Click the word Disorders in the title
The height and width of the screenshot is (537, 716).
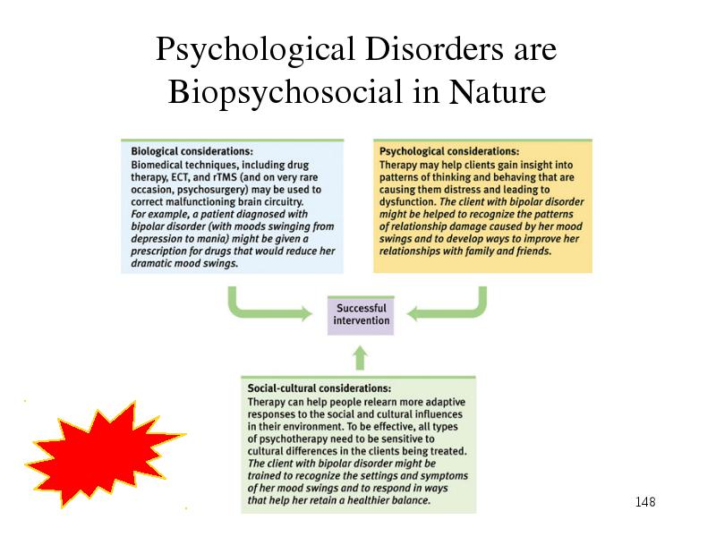[434, 48]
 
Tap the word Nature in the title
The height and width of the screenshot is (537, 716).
[498, 91]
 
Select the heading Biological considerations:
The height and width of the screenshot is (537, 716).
[192, 151]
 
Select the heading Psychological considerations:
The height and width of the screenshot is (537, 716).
[449, 151]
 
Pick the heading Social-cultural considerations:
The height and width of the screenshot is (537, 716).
[320, 388]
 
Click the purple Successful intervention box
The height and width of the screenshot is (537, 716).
[361, 315]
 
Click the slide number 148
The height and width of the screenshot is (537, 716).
[645, 502]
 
